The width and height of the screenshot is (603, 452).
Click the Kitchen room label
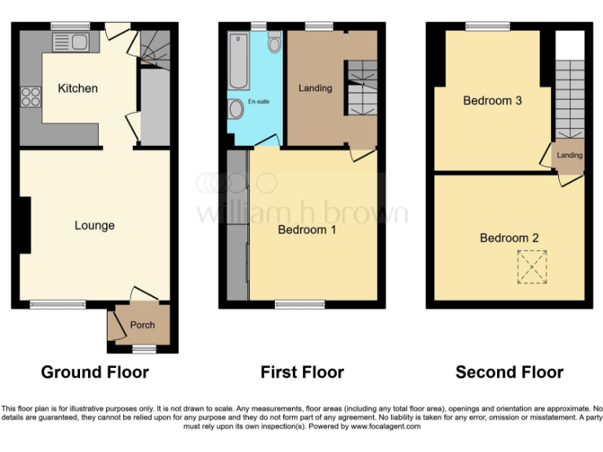(x=78, y=88)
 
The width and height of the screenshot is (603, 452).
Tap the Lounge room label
(x=94, y=225)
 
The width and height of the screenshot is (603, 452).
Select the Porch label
(x=142, y=325)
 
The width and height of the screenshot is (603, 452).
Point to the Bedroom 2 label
(x=509, y=238)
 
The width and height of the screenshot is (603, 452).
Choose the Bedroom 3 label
(x=492, y=100)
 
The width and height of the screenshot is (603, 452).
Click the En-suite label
(x=258, y=103)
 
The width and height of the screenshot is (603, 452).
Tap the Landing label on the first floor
(x=315, y=88)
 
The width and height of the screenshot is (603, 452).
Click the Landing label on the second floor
(x=569, y=155)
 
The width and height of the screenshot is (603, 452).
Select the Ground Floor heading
(x=94, y=372)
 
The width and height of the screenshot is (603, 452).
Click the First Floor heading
(x=302, y=372)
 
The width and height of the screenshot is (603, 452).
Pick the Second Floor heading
(x=509, y=372)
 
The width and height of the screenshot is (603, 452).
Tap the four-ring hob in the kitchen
(x=31, y=97)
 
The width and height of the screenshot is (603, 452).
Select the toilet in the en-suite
(x=273, y=43)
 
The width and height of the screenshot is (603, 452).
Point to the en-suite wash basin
(x=236, y=111)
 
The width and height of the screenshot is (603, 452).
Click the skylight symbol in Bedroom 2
(x=532, y=266)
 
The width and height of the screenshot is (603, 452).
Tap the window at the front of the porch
(x=142, y=348)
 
